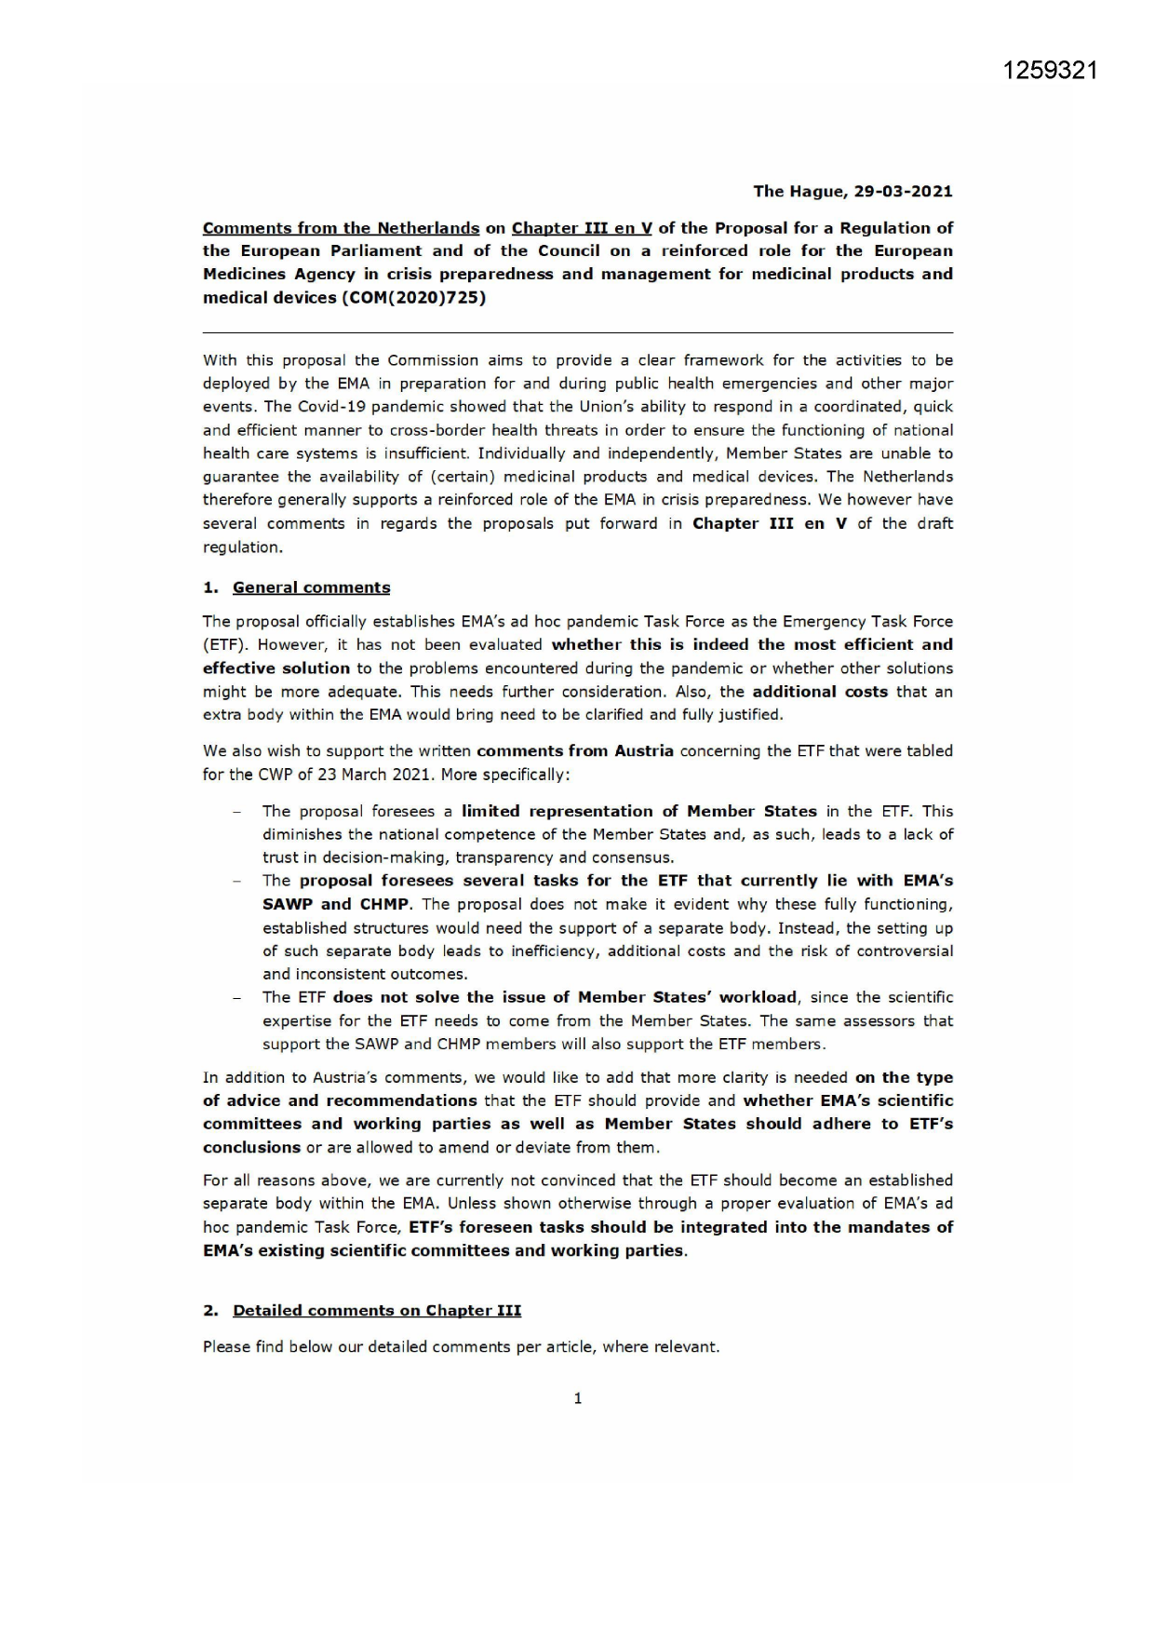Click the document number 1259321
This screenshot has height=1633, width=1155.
click(x=1051, y=71)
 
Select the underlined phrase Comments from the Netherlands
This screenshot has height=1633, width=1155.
click(x=341, y=228)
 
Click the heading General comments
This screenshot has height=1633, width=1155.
click(x=311, y=587)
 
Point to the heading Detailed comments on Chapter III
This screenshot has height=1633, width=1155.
click(x=376, y=1311)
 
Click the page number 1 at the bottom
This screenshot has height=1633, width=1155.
click(x=578, y=1398)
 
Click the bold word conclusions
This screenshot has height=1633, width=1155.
click(x=251, y=1148)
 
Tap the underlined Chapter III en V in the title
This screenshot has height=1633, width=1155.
click(x=582, y=228)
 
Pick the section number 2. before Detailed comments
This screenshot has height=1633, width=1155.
click(x=210, y=1311)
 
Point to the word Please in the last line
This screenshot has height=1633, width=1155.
click(x=224, y=1347)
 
